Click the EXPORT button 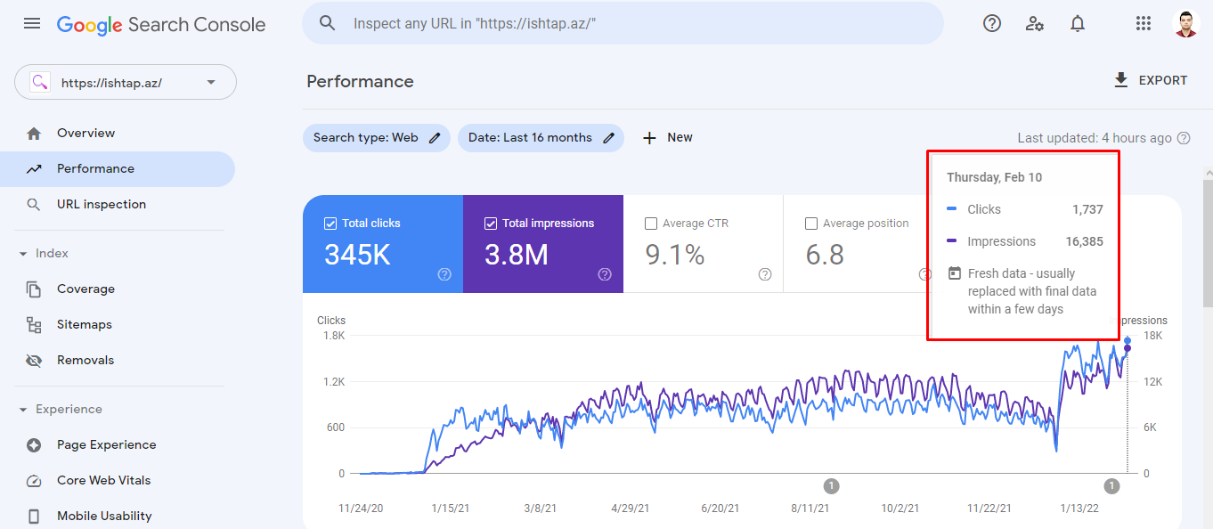1151,80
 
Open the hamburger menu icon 32,23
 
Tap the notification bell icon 1078,24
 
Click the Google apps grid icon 1144,24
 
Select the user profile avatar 1186,24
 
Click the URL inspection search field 623,23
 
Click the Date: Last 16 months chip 541,138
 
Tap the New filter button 668,138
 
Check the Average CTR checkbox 651,224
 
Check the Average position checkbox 811,224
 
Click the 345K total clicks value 357,256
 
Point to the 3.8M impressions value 517,256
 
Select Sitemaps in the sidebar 85,324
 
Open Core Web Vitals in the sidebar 103,480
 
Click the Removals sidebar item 85,360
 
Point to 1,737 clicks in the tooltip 1087,209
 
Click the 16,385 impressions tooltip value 1084,241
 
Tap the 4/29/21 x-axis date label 630,509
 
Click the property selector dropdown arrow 211,83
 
